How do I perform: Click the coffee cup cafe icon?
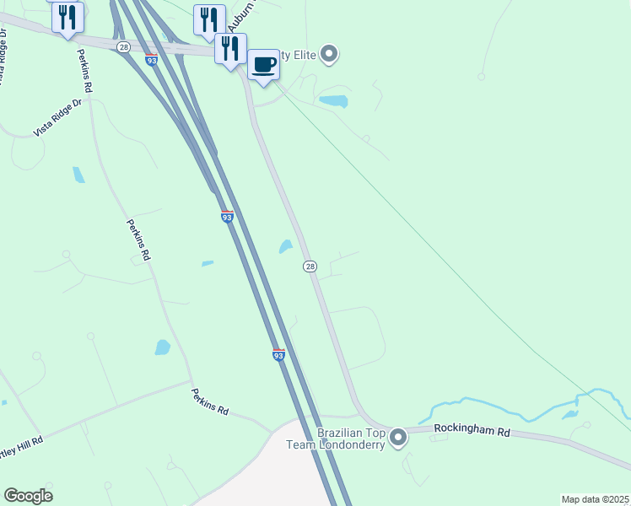tap(263, 65)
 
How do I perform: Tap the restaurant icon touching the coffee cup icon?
tap(230, 49)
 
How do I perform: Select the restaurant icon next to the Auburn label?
tap(209, 20)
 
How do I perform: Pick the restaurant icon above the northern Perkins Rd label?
tap(67, 16)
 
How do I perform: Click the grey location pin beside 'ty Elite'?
tap(330, 56)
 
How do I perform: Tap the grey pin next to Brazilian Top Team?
tap(398, 438)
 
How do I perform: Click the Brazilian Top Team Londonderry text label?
tap(351, 439)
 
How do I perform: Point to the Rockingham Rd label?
tap(472, 430)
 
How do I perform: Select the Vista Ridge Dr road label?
tap(60, 117)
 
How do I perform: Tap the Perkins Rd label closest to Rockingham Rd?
tap(209, 401)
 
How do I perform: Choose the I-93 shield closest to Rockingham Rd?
tap(278, 355)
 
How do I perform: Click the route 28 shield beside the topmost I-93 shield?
tap(124, 47)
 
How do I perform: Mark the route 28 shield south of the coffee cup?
tap(310, 266)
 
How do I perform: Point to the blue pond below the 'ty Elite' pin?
tap(334, 101)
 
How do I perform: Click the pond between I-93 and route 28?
tap(285, 246)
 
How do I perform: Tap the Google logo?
tap(28, 496)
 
